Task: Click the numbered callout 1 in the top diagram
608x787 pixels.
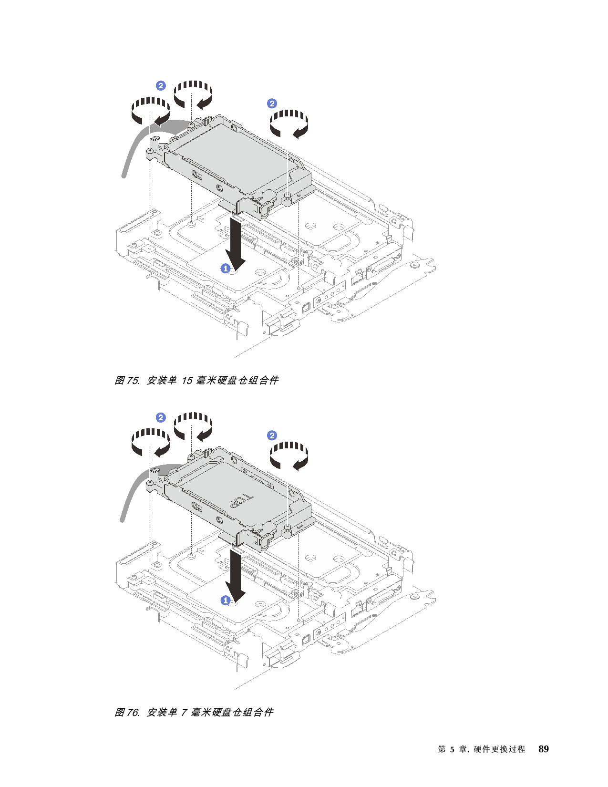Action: click(x=226, y=269)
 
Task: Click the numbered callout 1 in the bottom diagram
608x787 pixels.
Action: click(x=226, y=601)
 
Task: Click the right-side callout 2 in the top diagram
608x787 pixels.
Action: click(x=272, y=104)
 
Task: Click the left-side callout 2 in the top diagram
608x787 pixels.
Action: click(x=161, y=85)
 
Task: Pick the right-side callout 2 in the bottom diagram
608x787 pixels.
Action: click(x=272, y=435)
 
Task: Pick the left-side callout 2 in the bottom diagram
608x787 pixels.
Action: click(x=161, y=417)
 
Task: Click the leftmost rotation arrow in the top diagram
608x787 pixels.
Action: click(x=150, y=110)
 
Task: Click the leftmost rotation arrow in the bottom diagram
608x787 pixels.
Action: click(x=150, y=442)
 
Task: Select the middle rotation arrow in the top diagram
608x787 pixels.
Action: click(x=193, y=93)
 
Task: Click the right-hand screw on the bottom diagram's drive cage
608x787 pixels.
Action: click(x=289, y=527)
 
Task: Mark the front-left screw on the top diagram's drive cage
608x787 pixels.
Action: click(x=150, y=151)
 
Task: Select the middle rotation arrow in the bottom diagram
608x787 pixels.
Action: click(x=193, y=425)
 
